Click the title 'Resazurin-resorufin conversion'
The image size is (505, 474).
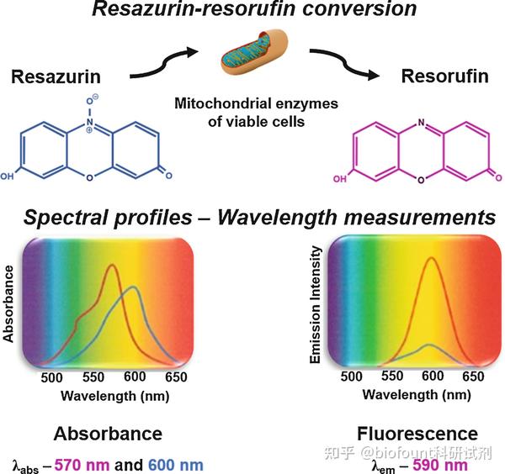pos(252,12)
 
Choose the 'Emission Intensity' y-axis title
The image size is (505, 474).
pos(316,304)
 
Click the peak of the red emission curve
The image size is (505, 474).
pos(431,257)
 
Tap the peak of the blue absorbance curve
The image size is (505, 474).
pos(134,287)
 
